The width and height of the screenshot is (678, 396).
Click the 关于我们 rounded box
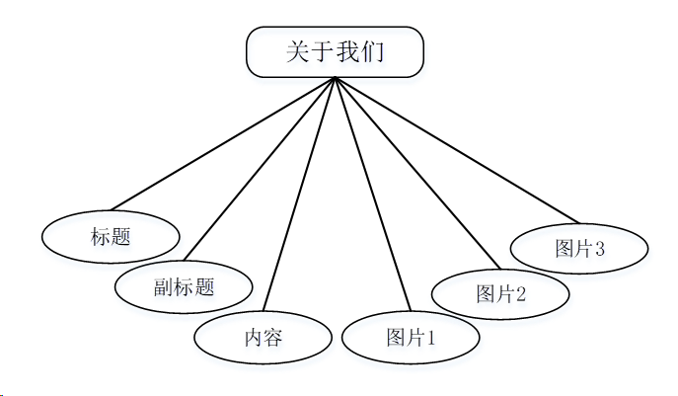point(335,52)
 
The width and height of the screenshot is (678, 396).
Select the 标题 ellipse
point(111,237)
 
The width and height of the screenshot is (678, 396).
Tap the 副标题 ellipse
point(184,287)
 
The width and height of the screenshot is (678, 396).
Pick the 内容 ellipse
point(264,338)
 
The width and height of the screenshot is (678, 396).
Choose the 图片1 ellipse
point(411,338)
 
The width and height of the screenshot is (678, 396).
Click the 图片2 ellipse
point(500,293)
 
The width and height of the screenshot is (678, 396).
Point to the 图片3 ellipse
point(579,248)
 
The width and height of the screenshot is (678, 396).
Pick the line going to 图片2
point(417,172)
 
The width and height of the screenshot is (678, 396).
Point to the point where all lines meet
point(336,78)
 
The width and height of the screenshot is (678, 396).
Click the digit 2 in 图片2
point(520,293)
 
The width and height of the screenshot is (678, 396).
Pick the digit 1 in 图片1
point(430,339)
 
